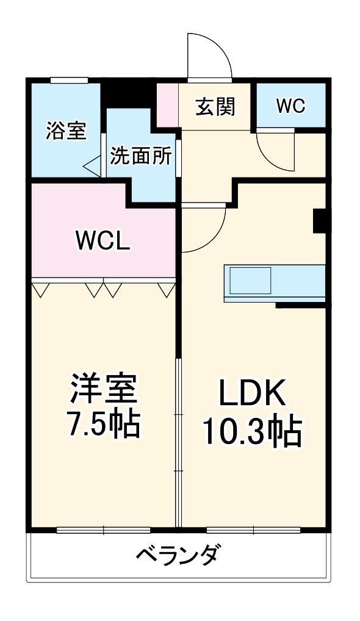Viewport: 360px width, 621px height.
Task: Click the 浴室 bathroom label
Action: coord(66,131)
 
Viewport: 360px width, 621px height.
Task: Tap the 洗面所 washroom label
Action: coord(140,156)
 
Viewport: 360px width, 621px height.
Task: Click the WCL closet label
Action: coord(102,241)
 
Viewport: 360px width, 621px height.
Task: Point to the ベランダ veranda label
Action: coord(177,556)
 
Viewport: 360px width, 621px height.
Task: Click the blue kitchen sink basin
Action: coord(250,281)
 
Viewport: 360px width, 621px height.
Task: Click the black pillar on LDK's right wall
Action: coord(320,221)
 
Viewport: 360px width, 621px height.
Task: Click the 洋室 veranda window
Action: coord(103,529)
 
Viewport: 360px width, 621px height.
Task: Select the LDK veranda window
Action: coord(253,529)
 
